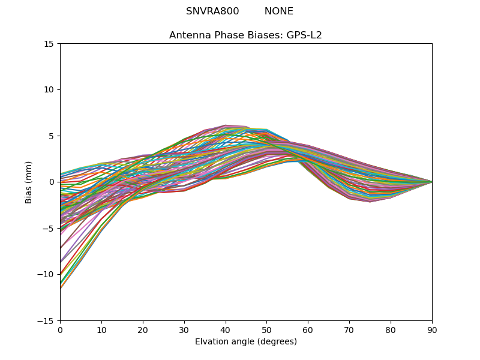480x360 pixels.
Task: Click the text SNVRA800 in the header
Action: click(x=212, y=11)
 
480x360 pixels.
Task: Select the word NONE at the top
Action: click(x=279, y=11)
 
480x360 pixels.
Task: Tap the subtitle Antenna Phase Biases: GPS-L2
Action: click(x=245, y=35)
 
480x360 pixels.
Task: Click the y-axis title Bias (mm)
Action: click(x=29, y=182)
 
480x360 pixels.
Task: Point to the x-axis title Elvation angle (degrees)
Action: click(x=246, y=342)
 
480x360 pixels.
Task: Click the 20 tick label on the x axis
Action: click(x=143, y=329)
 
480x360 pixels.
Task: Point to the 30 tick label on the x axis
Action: click(x=184, y=329)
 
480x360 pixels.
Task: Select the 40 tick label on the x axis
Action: click(x=226, y=329)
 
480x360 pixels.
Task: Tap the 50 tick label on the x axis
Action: click(x=266, y=329)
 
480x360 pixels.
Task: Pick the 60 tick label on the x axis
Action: click(x=308, y=329)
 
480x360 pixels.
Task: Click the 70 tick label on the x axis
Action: click(x=349, y=329)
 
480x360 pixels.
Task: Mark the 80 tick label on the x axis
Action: click(x=391, y=329)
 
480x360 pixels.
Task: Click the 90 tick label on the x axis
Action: click(x=432, y=329)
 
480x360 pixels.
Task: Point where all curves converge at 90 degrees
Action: click(x=431, y=182)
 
